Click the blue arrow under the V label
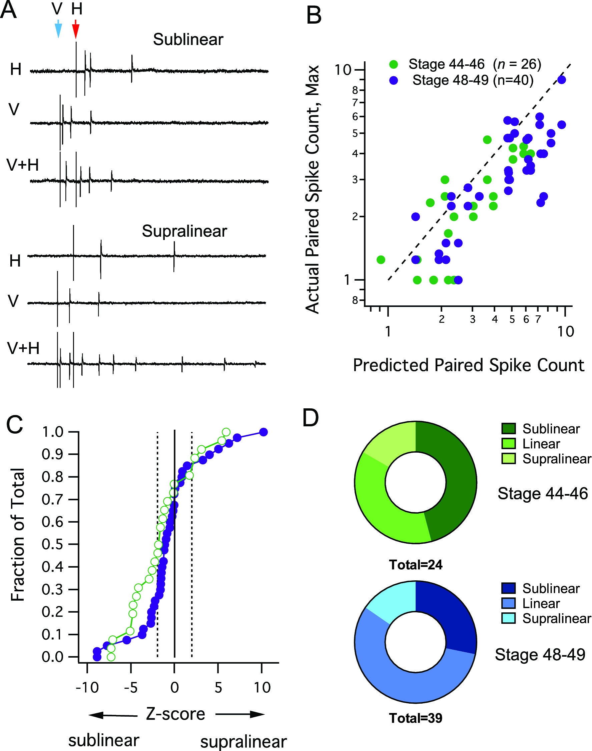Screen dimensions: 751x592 click(x=58, y=30)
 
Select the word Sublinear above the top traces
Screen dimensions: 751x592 click(x=188, y=39)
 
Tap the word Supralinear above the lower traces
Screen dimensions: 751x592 click(x=184, y=231)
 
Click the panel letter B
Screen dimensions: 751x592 click(x=314, y=16)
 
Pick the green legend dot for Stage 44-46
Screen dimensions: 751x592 click(x=394, y=64)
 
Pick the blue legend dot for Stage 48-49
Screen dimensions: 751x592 click(x=394, y=80)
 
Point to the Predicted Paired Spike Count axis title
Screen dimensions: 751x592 click(x=469, y=365)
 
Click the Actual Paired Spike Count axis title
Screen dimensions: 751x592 click(x=312, y=189)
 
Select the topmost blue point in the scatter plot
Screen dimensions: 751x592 click(x=562, y=80)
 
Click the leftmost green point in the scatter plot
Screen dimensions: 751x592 click(x=381, y=259)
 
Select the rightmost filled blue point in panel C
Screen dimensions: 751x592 click(x=263, y=432)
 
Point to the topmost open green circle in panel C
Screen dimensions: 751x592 click(x=226, y=432)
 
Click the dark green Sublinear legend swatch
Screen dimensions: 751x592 click(x=509, y=428)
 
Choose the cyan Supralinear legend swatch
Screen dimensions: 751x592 click(x=509, y=618)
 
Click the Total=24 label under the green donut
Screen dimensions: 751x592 click(x=416, y=565)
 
